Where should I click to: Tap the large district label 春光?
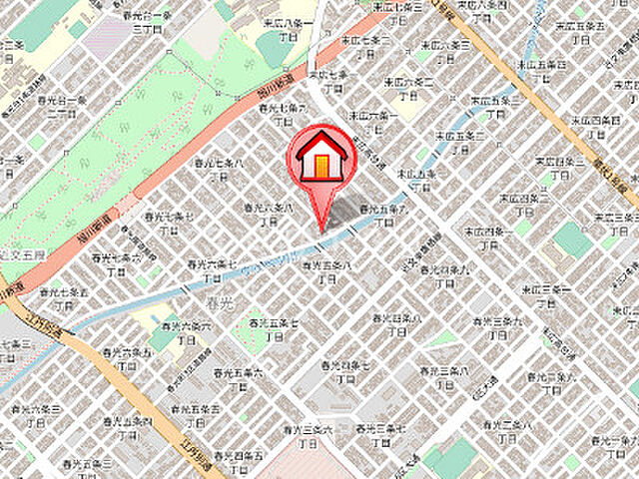[216, 298]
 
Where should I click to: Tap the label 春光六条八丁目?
[269, 214]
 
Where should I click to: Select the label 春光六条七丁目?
[212, 270]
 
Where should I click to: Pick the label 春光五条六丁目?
[238, 378]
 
